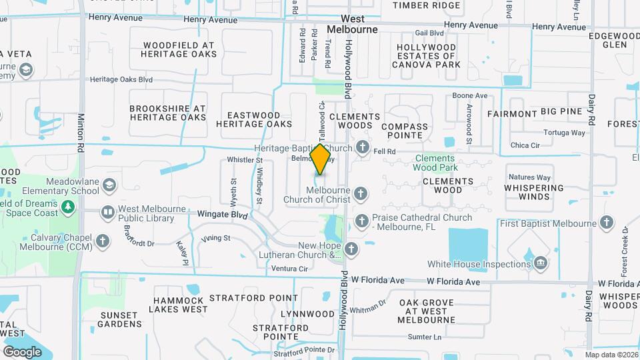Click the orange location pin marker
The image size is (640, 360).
[321, 159]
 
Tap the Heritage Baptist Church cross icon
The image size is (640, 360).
[363, 147]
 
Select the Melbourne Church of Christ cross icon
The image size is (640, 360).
[361, 194]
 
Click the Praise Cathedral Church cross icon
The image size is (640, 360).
[361, 221]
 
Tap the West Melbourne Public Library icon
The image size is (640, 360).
[107, 213]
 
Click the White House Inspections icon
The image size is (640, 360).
[541, 264]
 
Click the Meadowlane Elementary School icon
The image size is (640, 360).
[109, 185]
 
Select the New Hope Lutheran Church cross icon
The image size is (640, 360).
[351, 249]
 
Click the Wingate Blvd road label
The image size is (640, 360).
[223, 215]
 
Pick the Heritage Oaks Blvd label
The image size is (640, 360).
[121, 79]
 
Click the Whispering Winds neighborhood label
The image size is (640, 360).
[535, 193]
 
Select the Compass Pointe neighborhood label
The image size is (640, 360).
[405, 131]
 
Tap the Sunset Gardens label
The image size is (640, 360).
[121, 319]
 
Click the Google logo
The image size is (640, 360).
[22, 351]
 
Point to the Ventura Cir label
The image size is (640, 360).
[290, 269]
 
